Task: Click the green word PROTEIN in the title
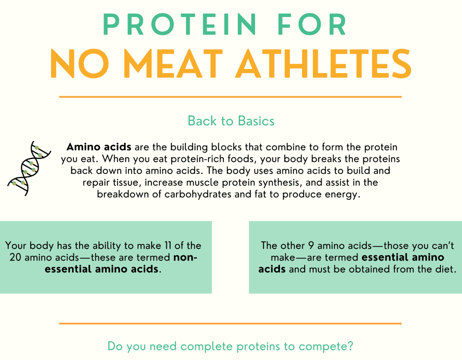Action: coord(179,24)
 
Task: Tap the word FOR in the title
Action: coord(312,24)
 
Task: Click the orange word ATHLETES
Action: coord(323,63)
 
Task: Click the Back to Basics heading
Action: coord(231,121)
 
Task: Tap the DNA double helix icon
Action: coord(29,168)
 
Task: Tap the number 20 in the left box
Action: coord(15,257)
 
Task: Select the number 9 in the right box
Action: coord(311,245)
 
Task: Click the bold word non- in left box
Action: coord(185,258)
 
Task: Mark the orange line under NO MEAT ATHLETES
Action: coord(230,97)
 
